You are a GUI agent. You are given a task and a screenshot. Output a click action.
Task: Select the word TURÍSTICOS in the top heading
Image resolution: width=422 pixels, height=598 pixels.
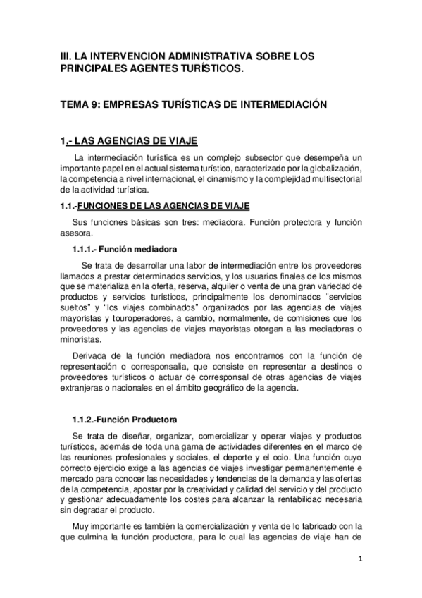209,68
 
